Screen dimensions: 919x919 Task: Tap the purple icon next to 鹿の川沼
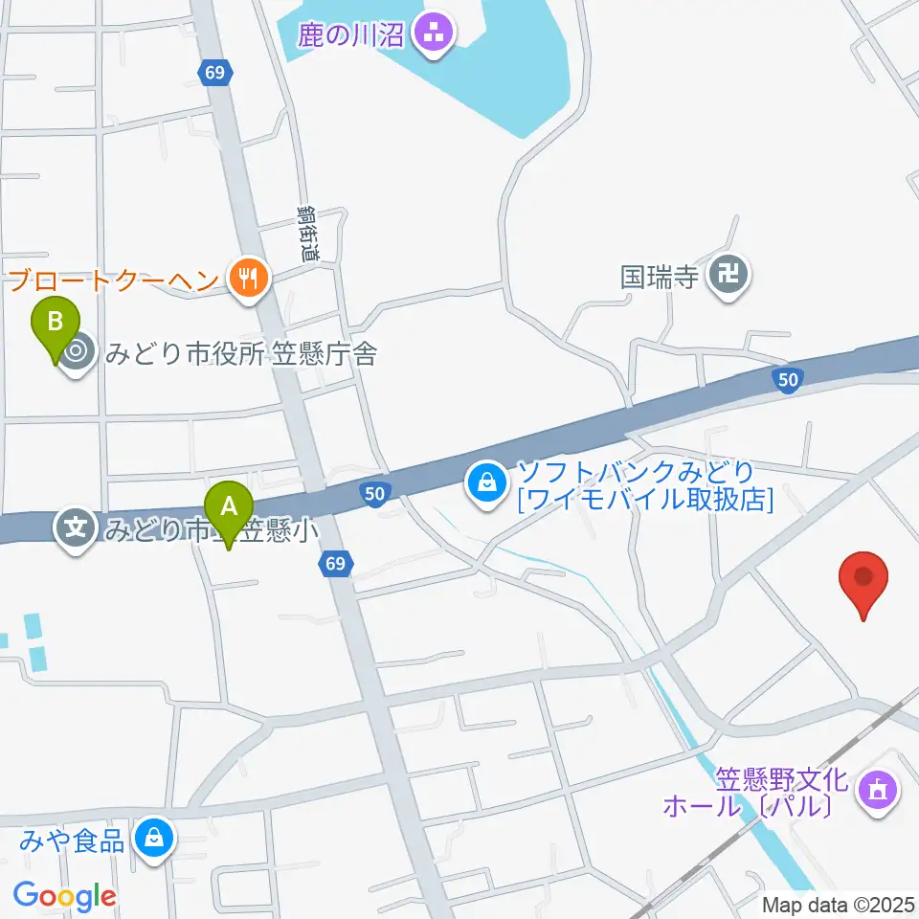tap(436, 34)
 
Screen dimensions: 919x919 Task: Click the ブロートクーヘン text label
tap(113, 280)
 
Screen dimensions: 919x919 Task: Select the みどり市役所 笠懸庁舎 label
tap(241, 354)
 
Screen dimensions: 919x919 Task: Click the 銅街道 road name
tap(306, 234)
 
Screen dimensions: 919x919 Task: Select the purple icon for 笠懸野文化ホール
tap(878, 790)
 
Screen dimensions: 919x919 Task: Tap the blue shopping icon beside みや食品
tap(152, 840)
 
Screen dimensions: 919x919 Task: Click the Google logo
tap(64, 897)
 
